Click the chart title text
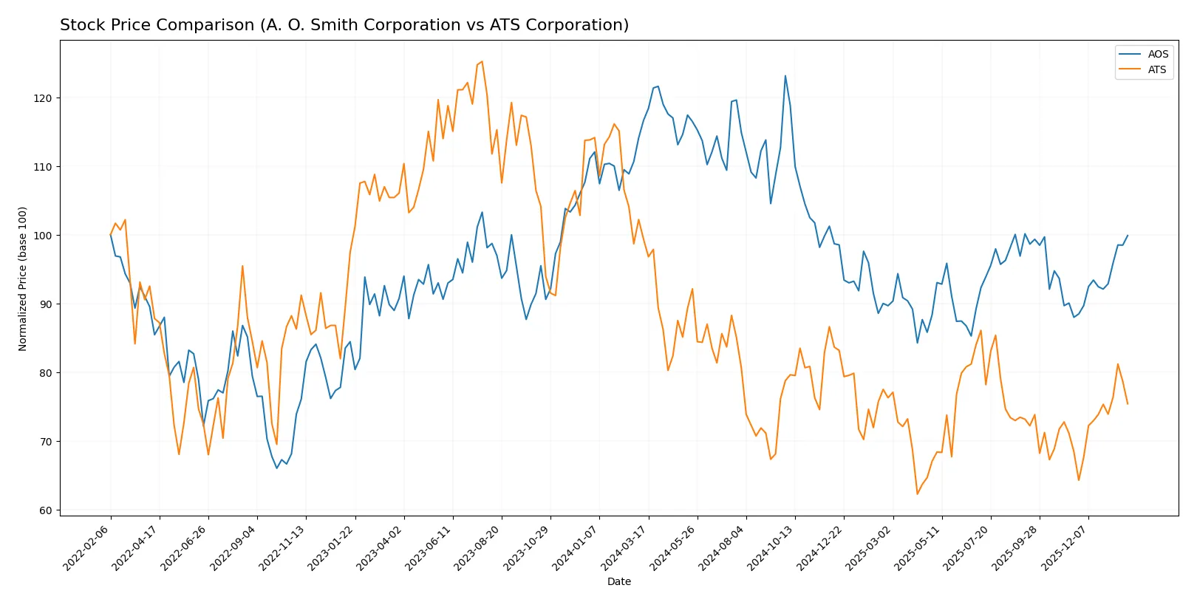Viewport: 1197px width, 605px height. (x=344, y=25)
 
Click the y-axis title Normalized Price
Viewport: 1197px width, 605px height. (x=23, y=278)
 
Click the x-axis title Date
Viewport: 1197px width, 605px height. (x=618, y=581)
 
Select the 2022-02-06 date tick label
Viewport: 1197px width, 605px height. (x=87, y=547)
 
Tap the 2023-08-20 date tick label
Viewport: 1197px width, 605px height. (x=478, y=547)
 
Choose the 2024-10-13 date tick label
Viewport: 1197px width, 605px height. (x=771, y=547)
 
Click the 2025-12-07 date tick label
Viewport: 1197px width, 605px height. (x=1065, y=547)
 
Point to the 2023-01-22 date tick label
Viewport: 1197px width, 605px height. (x=332, y=547)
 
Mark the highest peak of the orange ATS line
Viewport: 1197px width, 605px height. (x=482, y=61)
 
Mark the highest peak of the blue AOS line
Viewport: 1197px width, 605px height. (x=785, y=75)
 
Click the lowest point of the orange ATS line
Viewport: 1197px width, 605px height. (x=918, y=494)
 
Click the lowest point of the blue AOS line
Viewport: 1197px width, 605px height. (x=277, y=468)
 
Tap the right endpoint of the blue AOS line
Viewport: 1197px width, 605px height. (x=1128, y=236)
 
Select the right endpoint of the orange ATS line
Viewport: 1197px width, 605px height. (x=1128, y=404)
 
